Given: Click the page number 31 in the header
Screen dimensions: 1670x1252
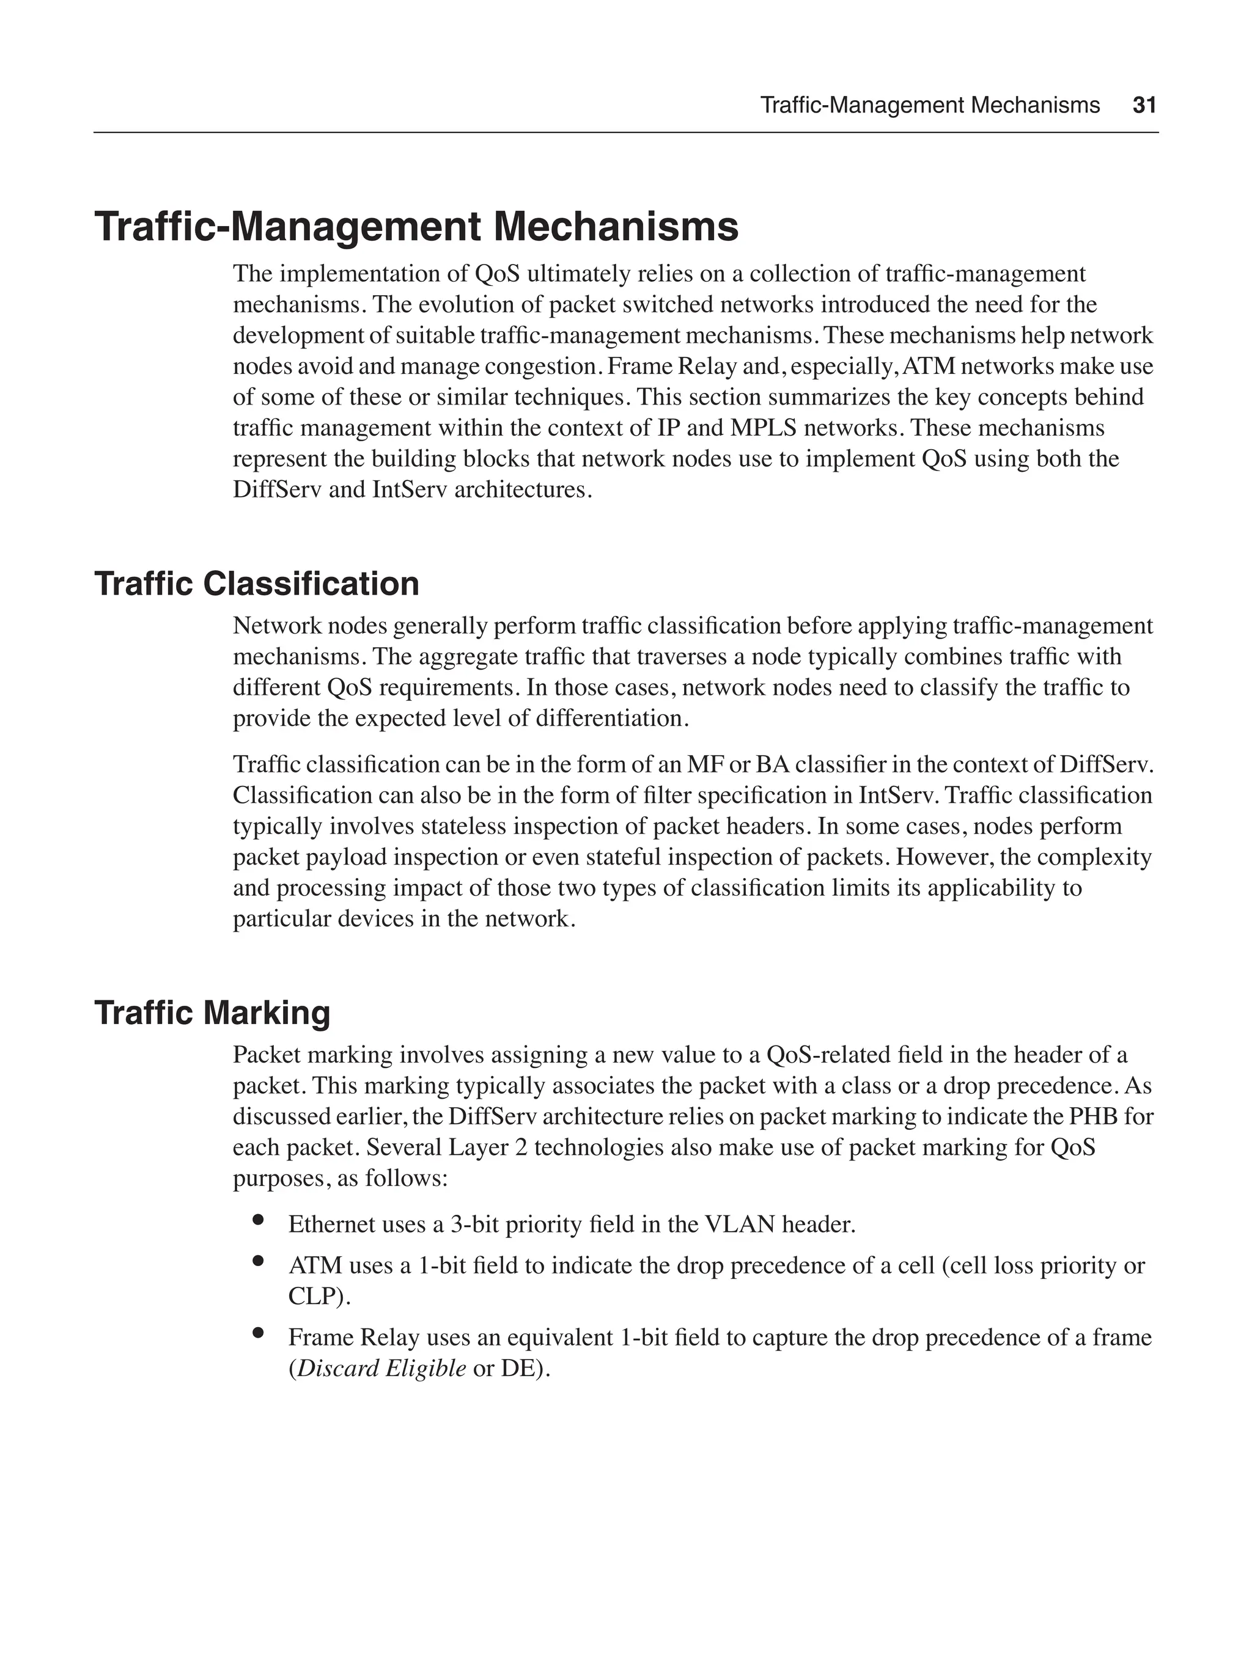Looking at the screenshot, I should [x=1144, y=105].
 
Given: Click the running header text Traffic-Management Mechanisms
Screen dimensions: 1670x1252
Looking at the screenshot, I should [x=930, y=105].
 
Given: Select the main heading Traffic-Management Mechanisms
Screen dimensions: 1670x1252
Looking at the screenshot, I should [x=416, y=227].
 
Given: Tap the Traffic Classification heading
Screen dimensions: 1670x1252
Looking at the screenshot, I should [x=257, y=584].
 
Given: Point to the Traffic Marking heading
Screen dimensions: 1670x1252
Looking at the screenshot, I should [x=212, y=1013].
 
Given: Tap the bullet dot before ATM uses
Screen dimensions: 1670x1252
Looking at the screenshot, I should [x=258, y=1260].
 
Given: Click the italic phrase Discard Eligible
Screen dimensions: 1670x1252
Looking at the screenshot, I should [x=381, y=1368].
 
